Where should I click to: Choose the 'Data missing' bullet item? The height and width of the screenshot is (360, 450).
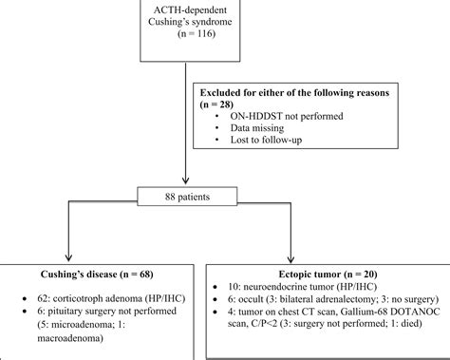[255, 128]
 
